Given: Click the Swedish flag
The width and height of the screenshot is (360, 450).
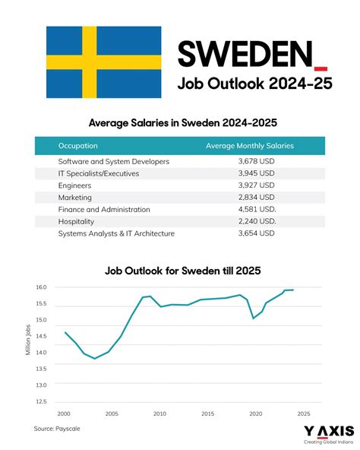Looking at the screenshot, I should click(x=103, y=62).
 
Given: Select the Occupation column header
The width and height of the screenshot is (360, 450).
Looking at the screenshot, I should click(x=77, y=145).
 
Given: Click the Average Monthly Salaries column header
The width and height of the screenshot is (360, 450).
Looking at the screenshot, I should click(x=239, y=145).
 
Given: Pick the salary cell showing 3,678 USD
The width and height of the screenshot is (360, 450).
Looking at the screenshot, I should click(x=256, y=161).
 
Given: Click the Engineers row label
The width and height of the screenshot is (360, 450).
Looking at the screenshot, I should click(x=74, y=185).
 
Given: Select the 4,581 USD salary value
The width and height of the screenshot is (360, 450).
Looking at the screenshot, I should click(x=257, y=209).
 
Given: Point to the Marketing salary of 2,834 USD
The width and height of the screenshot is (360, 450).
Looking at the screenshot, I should click(x=256, y=197).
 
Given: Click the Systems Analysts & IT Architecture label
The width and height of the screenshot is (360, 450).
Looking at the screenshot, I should click(x=116, y=233).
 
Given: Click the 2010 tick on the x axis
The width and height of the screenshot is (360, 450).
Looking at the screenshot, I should click(x=159, y=414).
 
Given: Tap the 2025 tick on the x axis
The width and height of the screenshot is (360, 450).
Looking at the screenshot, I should click(x=303, y=414).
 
